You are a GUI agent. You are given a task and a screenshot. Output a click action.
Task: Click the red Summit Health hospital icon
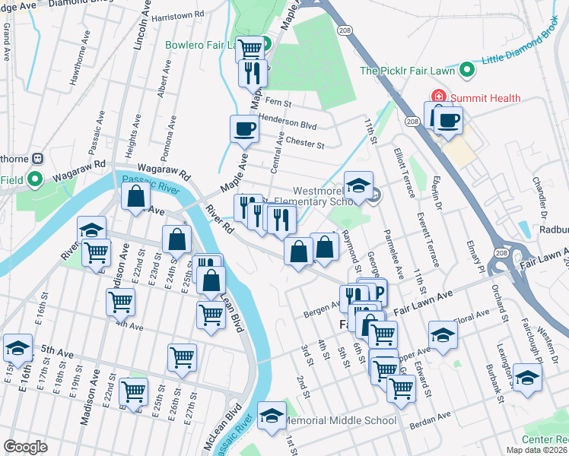[437, 97]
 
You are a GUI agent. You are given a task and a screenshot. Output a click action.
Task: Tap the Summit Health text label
[485, 98]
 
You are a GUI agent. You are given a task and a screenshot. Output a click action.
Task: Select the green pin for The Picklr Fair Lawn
[468, 71]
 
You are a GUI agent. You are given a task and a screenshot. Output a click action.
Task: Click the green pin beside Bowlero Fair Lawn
[266, 44]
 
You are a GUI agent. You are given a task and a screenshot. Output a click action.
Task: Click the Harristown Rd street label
[178, 14]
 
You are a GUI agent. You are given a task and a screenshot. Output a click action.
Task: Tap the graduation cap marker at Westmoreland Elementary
[358, 184]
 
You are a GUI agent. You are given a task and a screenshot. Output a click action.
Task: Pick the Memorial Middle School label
[339, 420]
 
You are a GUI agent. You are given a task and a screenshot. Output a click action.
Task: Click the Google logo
[25, 446]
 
